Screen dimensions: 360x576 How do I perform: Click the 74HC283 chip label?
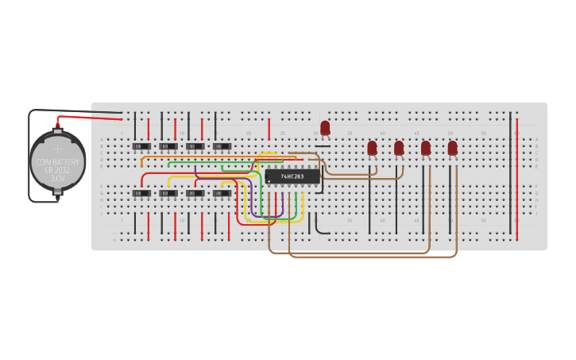click(x=292, y=176)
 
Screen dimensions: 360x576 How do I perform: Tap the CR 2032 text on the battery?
click(x=57, y=170)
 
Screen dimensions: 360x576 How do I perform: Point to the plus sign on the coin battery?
click(x=57, y=148)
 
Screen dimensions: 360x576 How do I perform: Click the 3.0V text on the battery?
click(x=57, y=179)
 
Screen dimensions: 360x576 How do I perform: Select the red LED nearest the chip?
click(x=325, y=127)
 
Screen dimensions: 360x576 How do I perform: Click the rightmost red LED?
click(x=452, y=148)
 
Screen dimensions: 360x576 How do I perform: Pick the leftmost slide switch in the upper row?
click(x=141, y=146)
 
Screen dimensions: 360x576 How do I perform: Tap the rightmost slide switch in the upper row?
click(x=222, y=146)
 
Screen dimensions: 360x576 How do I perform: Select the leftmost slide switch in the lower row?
click(x=141, y=193)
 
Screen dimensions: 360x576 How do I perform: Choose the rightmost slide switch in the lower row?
click(x=222, y=193)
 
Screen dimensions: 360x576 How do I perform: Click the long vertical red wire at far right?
click(x=517, y=179)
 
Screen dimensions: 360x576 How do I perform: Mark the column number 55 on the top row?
click(x=483, y=133)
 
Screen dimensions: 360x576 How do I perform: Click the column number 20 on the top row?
click(x=248, y=133)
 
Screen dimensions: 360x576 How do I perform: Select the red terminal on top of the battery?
click(x=58, y=124)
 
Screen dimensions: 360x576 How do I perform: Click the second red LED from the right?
click(x=425, y=148)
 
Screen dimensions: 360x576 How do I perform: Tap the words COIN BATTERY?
click(x=57, y=162)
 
